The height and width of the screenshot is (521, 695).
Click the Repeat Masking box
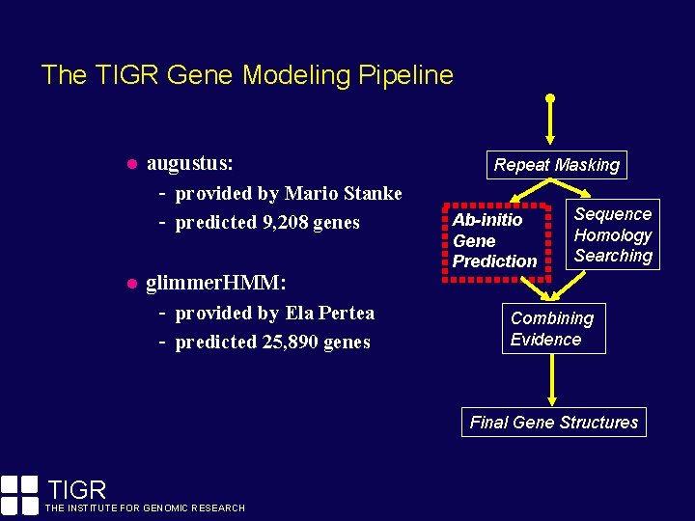pyautogui.click(x=556, y=165)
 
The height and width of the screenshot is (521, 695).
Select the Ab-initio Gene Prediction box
pyautogui.click(x=495, y=240)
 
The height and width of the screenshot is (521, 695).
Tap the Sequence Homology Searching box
pyautogui.click(x=613, y=234)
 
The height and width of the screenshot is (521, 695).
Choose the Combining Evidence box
pyautogui.click(x=553, y=329)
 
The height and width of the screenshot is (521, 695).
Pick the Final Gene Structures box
pyautogui.click(x=554, y=423)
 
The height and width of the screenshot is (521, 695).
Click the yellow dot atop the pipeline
pyautogui.click(x=550, y=98)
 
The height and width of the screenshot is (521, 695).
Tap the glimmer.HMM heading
pyautogui.click(x=214, y=283)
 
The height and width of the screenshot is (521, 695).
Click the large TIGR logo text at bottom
pyautogui.click(x=76, y=490)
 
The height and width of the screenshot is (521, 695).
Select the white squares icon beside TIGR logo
pyautogui.click(x=19, y=493)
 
